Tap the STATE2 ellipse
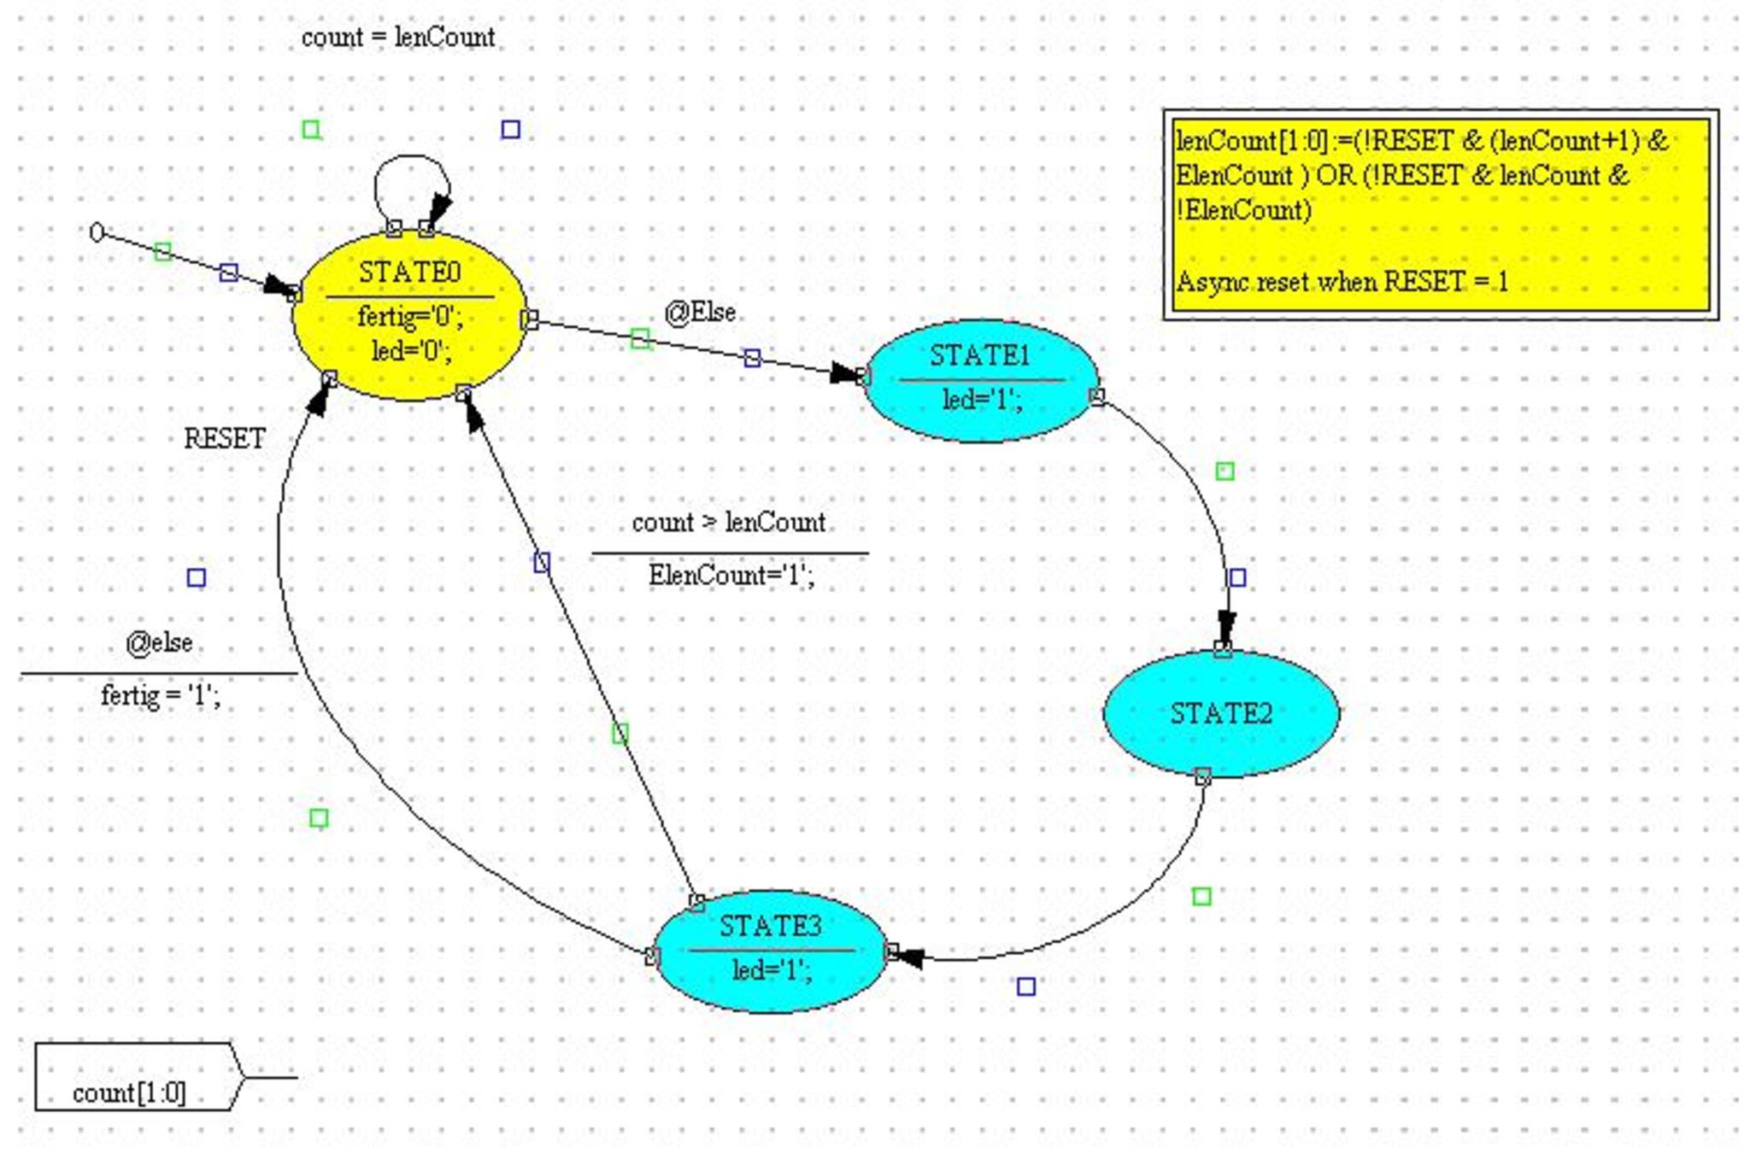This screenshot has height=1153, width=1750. click(1221, 713)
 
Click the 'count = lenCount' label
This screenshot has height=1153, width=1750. click(398, 38)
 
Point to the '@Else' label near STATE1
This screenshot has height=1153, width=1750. click(700, 313)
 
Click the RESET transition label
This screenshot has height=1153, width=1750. click(225, 439)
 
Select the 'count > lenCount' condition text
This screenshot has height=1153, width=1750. click(728, 522)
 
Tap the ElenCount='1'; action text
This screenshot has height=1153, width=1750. click(731, 575)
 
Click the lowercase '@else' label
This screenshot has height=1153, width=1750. click(159, 642)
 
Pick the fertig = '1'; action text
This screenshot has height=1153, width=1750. click(160, 695)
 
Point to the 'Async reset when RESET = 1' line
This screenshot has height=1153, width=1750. click(1342, 281)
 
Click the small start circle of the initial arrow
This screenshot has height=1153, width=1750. click(97, 232)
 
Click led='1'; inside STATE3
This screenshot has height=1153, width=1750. click(772, 970)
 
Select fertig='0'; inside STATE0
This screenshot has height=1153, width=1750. click(410, 317)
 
